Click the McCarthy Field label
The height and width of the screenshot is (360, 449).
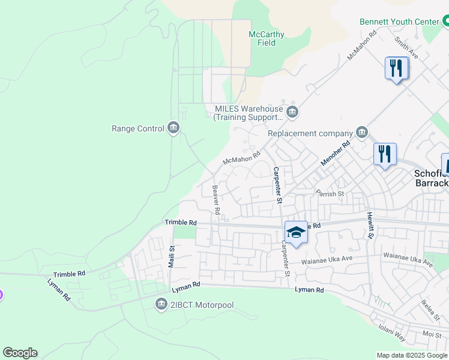[266, 38]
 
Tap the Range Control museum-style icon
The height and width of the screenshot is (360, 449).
[173, 128]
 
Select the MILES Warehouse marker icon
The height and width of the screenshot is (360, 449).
[292, 112]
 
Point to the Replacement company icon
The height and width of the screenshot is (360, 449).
[362, 133]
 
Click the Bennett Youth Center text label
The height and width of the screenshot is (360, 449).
[399, 22]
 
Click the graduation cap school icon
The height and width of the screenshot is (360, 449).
[295, 232]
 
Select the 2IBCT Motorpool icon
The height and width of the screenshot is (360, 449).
[161, 305]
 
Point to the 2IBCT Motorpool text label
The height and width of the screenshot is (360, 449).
[202, 305]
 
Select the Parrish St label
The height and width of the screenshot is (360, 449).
[330, 194]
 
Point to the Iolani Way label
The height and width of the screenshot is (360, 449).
[393, 333]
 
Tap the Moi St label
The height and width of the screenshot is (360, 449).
[432, 334]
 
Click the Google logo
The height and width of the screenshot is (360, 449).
[20, 353]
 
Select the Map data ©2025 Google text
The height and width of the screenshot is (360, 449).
[412, 355]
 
